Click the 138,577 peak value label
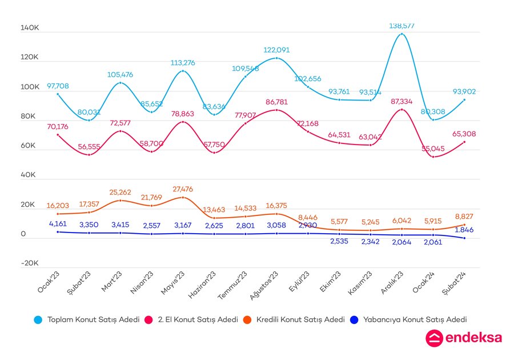(x=401, y=26)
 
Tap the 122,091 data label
(x=277, y=50)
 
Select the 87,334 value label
(x=401, y=101)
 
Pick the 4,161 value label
(x=58, y=224)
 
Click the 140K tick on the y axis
(x=29, y=27)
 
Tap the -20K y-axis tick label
(x=29, y=263)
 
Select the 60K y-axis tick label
(x=29, y=146)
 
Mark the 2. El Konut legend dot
(x=150, y=320)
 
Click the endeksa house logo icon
(x=434, y=338)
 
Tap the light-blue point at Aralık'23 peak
(x=401, y=34)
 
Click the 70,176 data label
(x=58, y=126)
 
